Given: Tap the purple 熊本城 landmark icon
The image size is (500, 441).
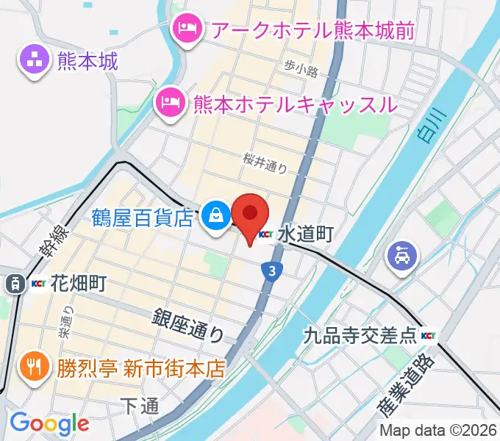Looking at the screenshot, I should coord(33,60).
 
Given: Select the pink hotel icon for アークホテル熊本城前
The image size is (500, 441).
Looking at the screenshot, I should coord(184,29).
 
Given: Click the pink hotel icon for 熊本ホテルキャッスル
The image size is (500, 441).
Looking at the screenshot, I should coord(170,102).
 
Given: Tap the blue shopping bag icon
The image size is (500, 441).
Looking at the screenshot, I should coord(216,216).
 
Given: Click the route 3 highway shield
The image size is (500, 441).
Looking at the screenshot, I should coord(272,272).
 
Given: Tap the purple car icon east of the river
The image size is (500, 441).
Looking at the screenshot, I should coord(403,256).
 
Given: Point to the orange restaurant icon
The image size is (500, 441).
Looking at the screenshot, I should coord(33,366).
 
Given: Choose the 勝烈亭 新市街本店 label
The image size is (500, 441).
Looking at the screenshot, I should coord(140,366).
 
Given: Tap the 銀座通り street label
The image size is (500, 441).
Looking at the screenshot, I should coord(189,325).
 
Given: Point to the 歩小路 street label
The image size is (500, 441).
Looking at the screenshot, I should coord(301,70).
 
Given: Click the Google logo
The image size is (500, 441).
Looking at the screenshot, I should coord(49,423).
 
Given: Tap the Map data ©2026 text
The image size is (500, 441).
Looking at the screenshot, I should coord(438,431).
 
